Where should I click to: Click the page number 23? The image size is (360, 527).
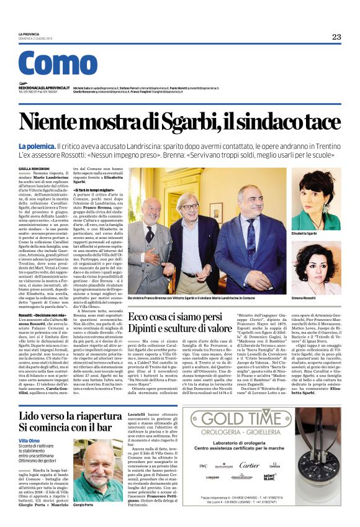pos(336,37)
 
